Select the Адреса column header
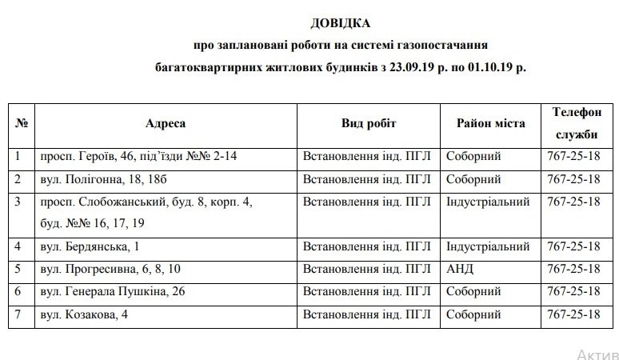pyautogui.click(x=166, y=123)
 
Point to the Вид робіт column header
pyautogui.click(x=369, y=123)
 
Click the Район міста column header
pyautogui.click(x=490, y=123)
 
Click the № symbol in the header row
pyautogui.click(x=22, y=124)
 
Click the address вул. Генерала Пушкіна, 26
pyautogui.click(x=113, y=291)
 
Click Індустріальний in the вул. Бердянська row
pyautogui.click(x=487, y=246)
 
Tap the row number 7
pyautogui.click(x=19, y=314)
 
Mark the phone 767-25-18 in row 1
pyautogui.click(x=573, y=156)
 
